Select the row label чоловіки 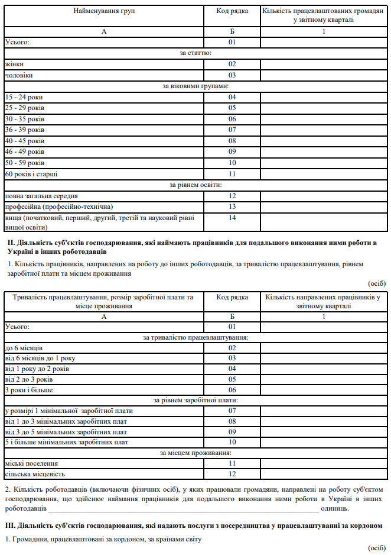pyautogui.click(x=19, y=75)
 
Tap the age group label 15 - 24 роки pyautogui.click(x=24, y=97)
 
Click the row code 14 pyautogui.click(x=232, y=218)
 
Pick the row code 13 pyautogui.click(x=232, y=206)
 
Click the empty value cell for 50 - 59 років pyautogui.click(x=323, y=163)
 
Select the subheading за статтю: pyautogui.click(x=195, y=53)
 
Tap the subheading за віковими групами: pyautogui.click(x=195, y=86)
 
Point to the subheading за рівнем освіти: pyautogui.click(x=195, y=185)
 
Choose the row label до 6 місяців pyautogui.click(x=24, y=347)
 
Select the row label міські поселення pyautogui.click(x=31, y=464)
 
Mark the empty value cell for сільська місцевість pyautogui.click(x=323, y=475)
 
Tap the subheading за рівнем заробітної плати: pyautogui.click(x=195, y=401)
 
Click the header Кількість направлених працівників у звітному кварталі pyautogui.click(x=323, y=302)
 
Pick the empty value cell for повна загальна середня pyautogui.click(x=323, y=196)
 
